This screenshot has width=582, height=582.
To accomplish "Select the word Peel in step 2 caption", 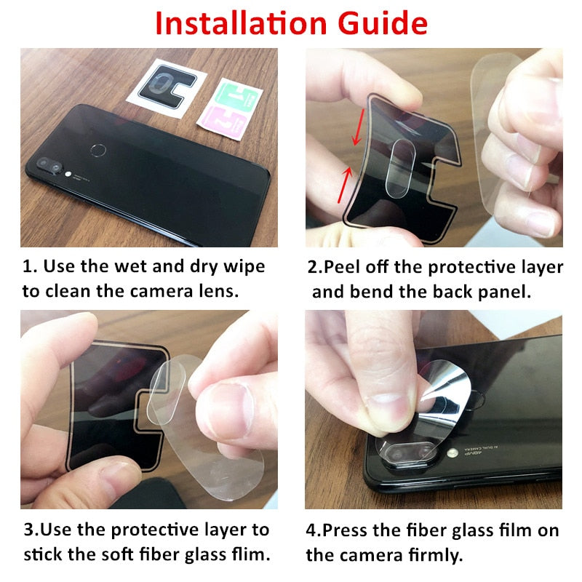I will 345,267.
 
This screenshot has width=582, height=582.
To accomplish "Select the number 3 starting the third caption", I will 27,530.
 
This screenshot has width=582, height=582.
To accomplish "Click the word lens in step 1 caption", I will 218,292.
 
